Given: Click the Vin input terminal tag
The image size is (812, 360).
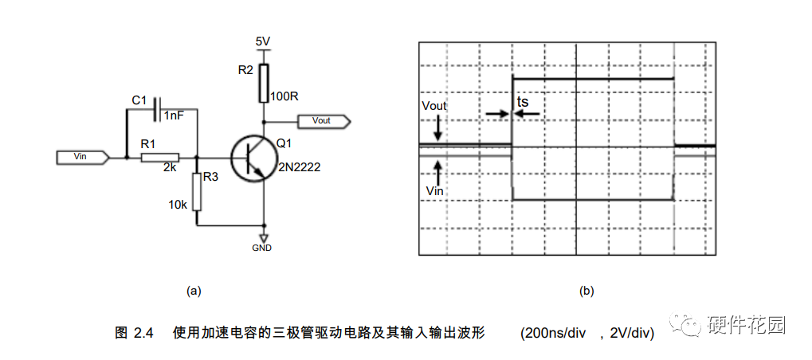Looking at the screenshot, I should tap(82, 157).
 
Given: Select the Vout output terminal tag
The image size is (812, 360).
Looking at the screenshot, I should tap(324, 121).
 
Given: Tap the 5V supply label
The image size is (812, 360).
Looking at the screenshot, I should tap(263, 40).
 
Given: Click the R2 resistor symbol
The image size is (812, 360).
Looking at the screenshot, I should tap(263, 83).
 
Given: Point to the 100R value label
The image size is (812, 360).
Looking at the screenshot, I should tap(284, 96).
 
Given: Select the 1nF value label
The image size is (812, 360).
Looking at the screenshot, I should tap(175, 116).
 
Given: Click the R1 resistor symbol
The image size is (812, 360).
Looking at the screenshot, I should tap(160, 158).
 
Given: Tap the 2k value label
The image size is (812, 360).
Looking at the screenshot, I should tap(171, 169).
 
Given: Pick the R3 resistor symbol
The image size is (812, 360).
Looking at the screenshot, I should tap(197, 191).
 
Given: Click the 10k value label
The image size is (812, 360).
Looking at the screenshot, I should tap(177, 205).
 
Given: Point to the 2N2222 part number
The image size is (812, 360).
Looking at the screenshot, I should tap(299, 168).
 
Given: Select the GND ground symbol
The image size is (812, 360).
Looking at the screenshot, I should tap(263, 237).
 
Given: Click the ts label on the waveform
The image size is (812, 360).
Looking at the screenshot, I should tap(523, 102).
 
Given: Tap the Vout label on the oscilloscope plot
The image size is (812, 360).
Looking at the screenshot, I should tap(434, 106).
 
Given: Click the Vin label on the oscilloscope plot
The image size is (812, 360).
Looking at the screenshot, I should tap(434, 191).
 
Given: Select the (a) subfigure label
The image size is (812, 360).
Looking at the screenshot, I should tap(193, 291).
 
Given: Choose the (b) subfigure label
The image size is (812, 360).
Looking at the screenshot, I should tap(586, 291).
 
